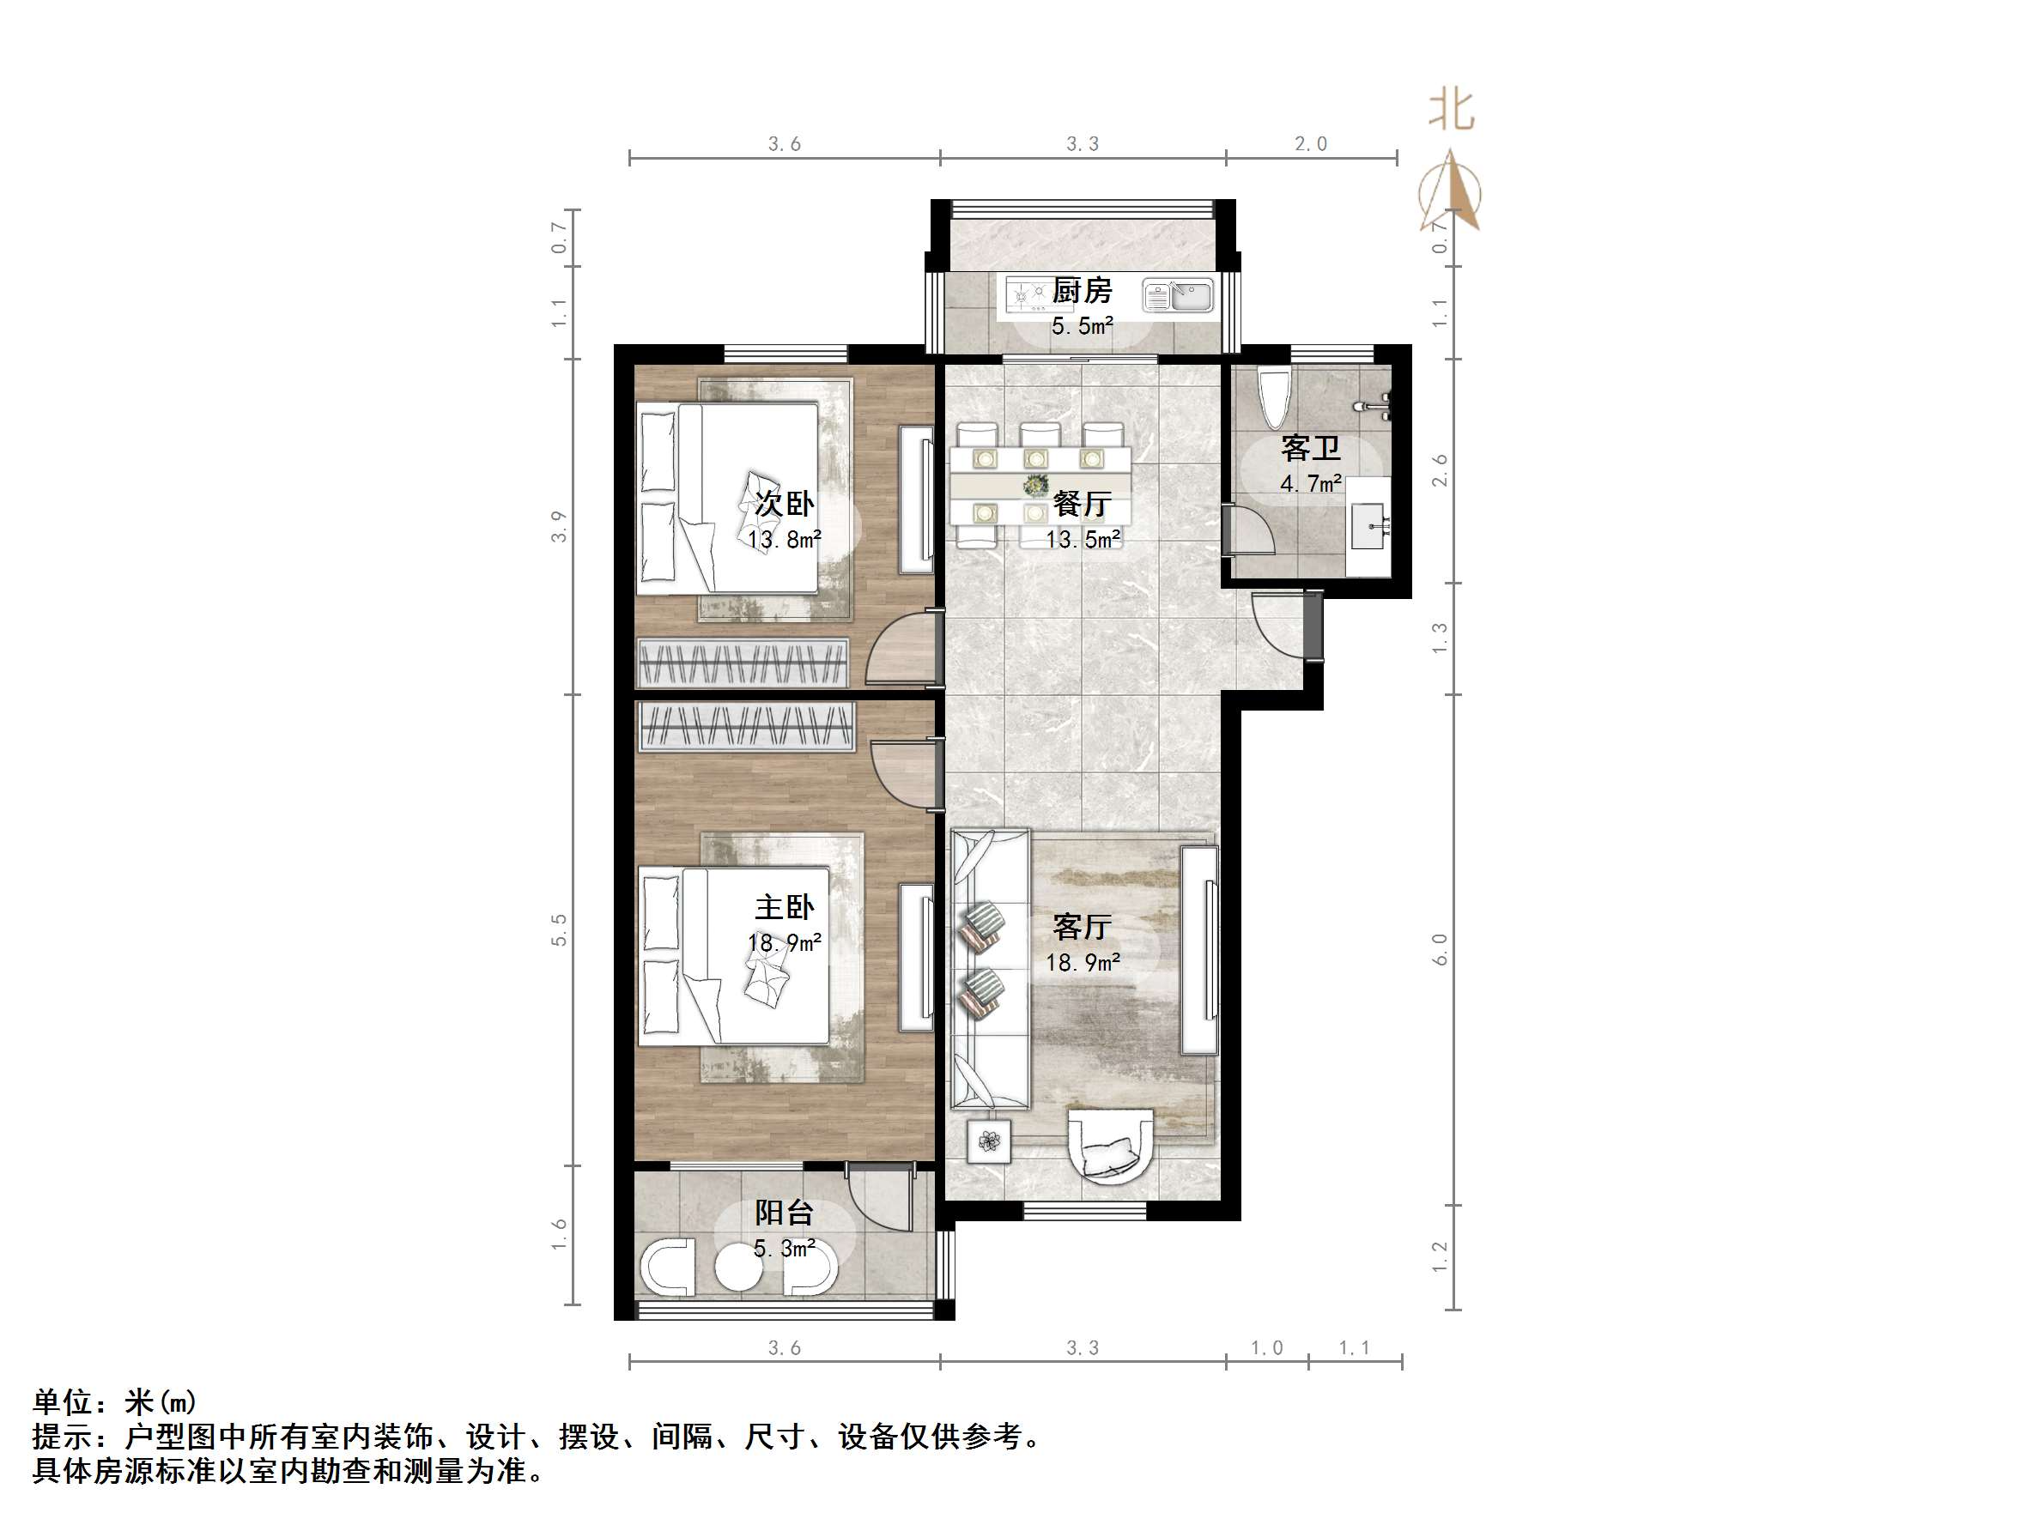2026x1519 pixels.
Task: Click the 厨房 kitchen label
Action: [1082, 291]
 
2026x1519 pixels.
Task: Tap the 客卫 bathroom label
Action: [1310, 449]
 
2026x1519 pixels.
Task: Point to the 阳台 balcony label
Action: [784, 1213]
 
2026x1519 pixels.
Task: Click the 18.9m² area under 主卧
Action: [784, 942]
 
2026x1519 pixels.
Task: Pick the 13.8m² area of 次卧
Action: [784, 539]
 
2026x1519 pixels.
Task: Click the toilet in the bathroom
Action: [1273, 398]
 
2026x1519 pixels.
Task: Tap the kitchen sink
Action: [1178, 296]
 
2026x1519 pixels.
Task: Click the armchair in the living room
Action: [1111, 1146]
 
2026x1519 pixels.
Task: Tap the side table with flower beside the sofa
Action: [989, 1141]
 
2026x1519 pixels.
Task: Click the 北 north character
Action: [1452, 111]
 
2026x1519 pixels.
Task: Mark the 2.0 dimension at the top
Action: [1311, 144]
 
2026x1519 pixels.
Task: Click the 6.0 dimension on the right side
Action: [1440, 948]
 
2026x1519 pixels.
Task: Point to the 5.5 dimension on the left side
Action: [559, 929]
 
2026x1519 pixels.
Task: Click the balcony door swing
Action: [879, 1200]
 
